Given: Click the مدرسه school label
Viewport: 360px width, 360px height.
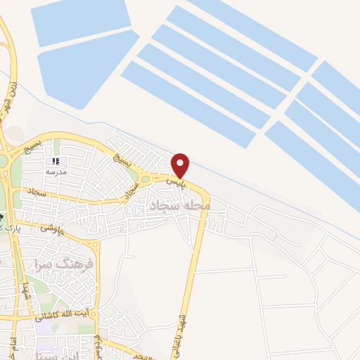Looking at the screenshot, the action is click(56, 172).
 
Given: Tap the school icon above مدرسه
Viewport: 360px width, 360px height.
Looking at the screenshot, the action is click(56, 162).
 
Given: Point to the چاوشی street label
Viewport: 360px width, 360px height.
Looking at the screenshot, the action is click(52, 226).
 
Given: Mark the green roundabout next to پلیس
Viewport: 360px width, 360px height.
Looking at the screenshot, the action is click(146, 179).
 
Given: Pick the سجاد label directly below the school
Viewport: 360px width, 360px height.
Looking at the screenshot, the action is click(37, 191).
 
